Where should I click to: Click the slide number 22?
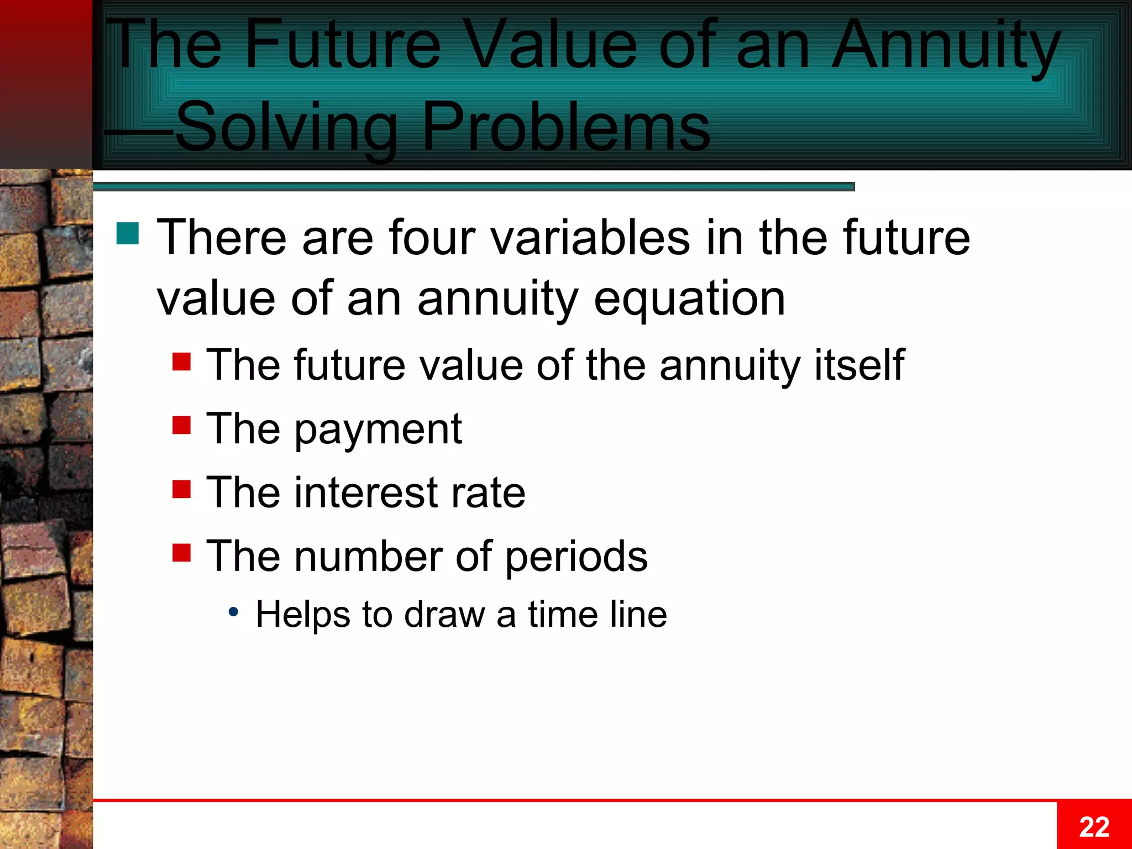pyautogui.click(x=1094, y=827)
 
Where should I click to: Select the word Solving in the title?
pyautogui.click(x=286, y=127)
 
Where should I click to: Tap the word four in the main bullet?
pyautogui.click(x=432, y=238)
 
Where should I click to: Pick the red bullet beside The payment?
pyautogui.click(x=181, y=426)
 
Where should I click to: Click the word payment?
pyautogui.click(x=378, y=430)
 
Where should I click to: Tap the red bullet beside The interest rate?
pyautogui.click(x=181, y=489)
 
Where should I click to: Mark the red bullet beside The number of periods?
pyautogui.click(x=181, y=553)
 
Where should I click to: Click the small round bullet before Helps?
pyautogui.click(x=234, y=612)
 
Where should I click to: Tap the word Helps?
pyautogui.click(x=303, y=615)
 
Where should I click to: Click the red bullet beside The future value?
pyautogui.click(x=181, y=362)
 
